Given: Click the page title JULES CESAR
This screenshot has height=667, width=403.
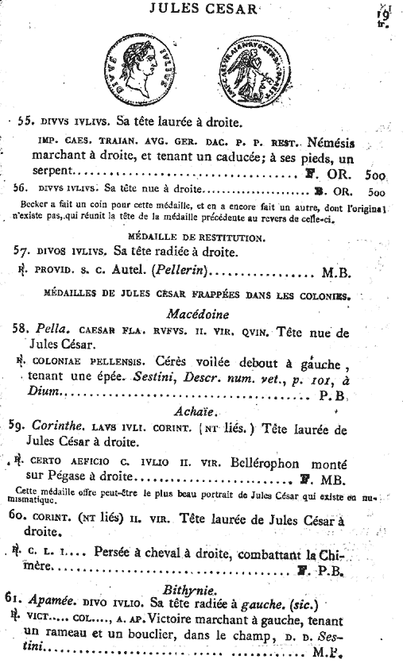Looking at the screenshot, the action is tap(209, 9).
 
